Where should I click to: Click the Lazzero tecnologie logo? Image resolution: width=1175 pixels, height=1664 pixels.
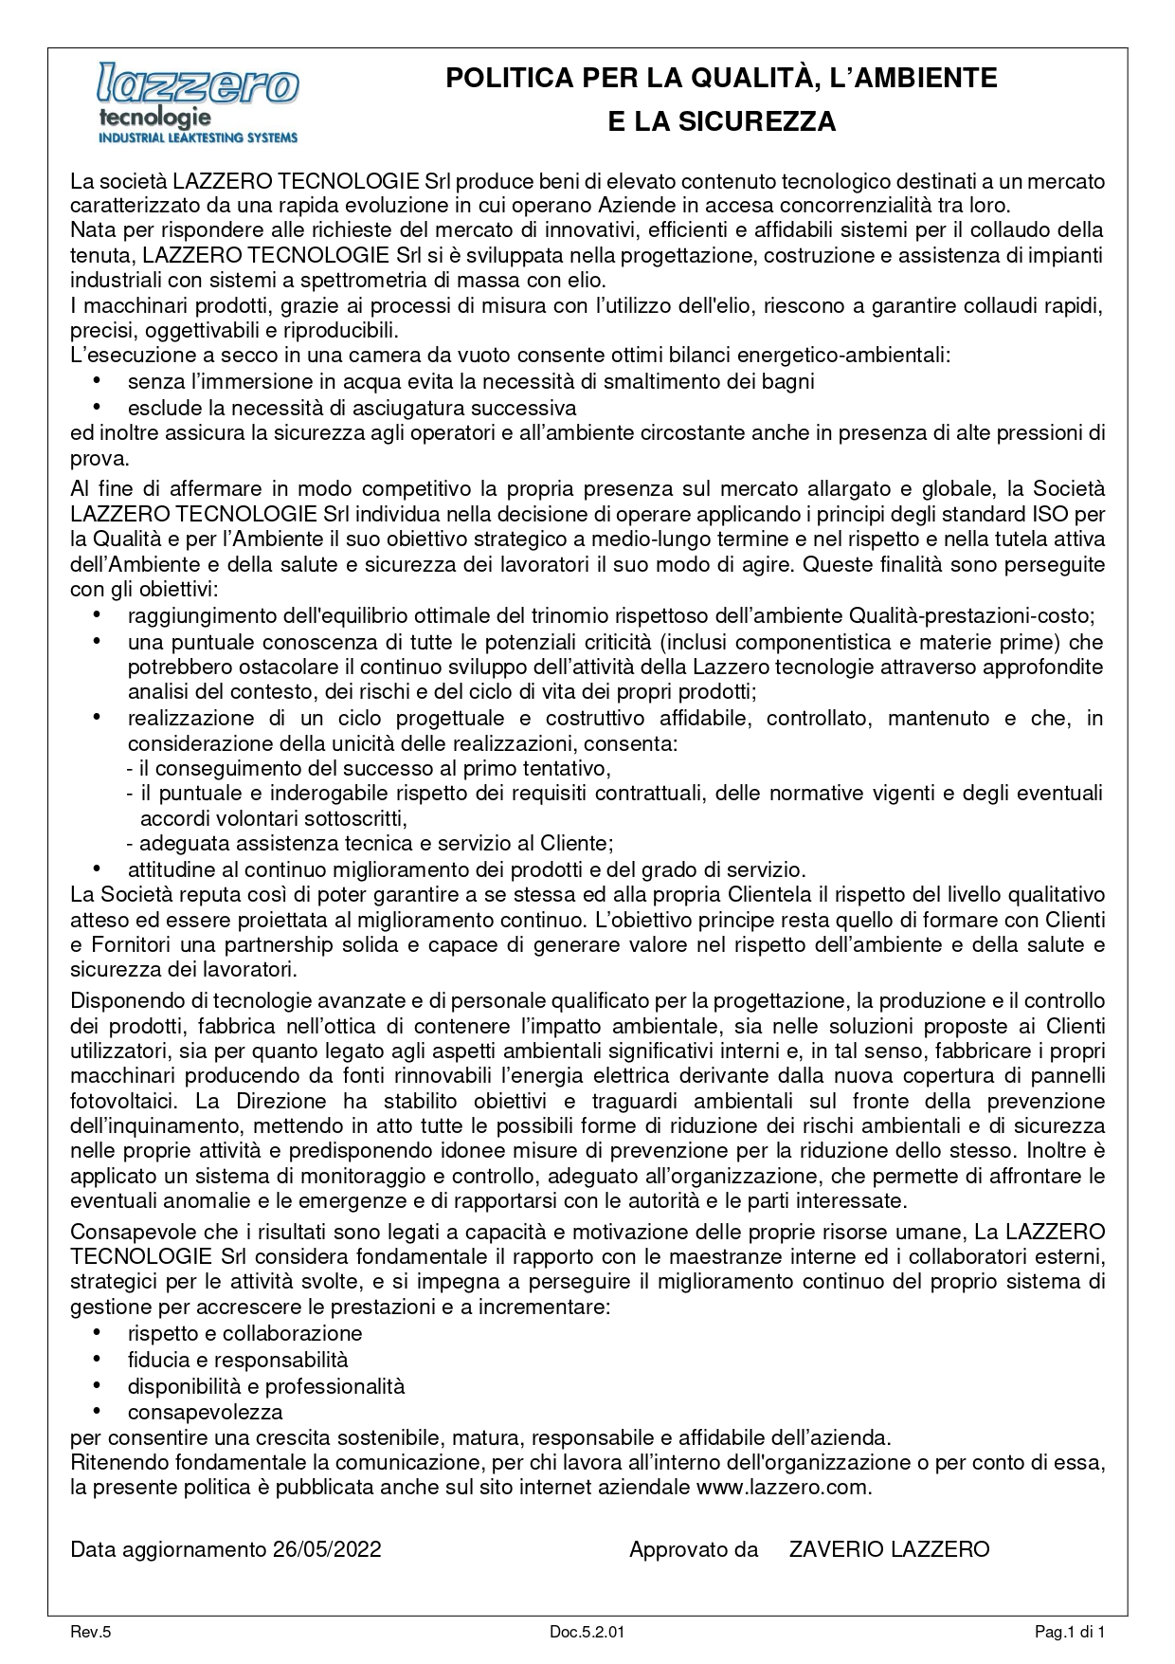(198, 101)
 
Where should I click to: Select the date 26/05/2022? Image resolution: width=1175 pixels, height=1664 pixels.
(327, 1549)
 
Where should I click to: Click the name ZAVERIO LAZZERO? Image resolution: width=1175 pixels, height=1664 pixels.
(889, 1549)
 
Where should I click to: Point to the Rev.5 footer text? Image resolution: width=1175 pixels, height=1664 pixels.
(91, 1632)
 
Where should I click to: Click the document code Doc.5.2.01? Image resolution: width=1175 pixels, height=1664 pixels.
(587, 1632)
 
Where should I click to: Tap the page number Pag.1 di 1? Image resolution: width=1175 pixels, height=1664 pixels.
(1070, 1632)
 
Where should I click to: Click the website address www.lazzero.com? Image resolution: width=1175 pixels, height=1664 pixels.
(782, 1487)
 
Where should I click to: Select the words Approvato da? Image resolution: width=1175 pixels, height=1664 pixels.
(694, 1549)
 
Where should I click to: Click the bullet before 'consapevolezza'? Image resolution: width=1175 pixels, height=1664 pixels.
(97, 1410)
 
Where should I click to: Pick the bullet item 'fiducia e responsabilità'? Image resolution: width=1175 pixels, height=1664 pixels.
(238, 1360)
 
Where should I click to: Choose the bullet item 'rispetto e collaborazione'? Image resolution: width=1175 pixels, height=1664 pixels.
(244, 1334)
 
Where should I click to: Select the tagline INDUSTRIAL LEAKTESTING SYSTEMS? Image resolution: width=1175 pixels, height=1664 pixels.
(198, 137)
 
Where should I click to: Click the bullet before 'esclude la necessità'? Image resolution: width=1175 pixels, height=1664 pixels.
(97, 407)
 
